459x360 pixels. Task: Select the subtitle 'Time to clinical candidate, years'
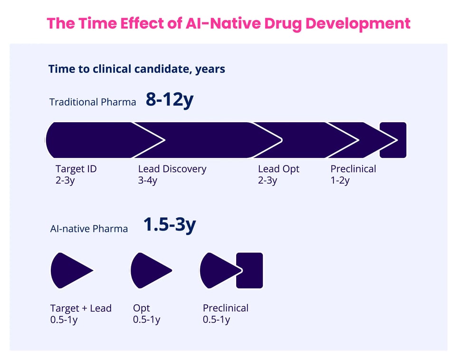pos(137,69)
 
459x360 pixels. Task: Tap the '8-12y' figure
pos(170,100)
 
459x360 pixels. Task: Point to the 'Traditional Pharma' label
pos(93,102)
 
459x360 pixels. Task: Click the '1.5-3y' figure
pos(170,224)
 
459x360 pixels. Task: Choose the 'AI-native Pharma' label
pos(89,229)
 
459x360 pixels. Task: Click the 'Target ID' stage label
pos(76,169)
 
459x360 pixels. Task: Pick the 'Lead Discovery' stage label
pos(172,169)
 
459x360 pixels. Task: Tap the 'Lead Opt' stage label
pos(279,169)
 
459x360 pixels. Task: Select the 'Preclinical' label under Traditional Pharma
pos(353,169)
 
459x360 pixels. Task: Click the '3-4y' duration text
pos(148,180)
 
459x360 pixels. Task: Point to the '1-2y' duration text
pos(340,180)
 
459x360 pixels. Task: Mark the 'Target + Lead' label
pos(81,308)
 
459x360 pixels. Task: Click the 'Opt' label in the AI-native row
pos(142,308)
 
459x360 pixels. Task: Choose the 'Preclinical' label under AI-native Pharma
pos(225,308)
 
